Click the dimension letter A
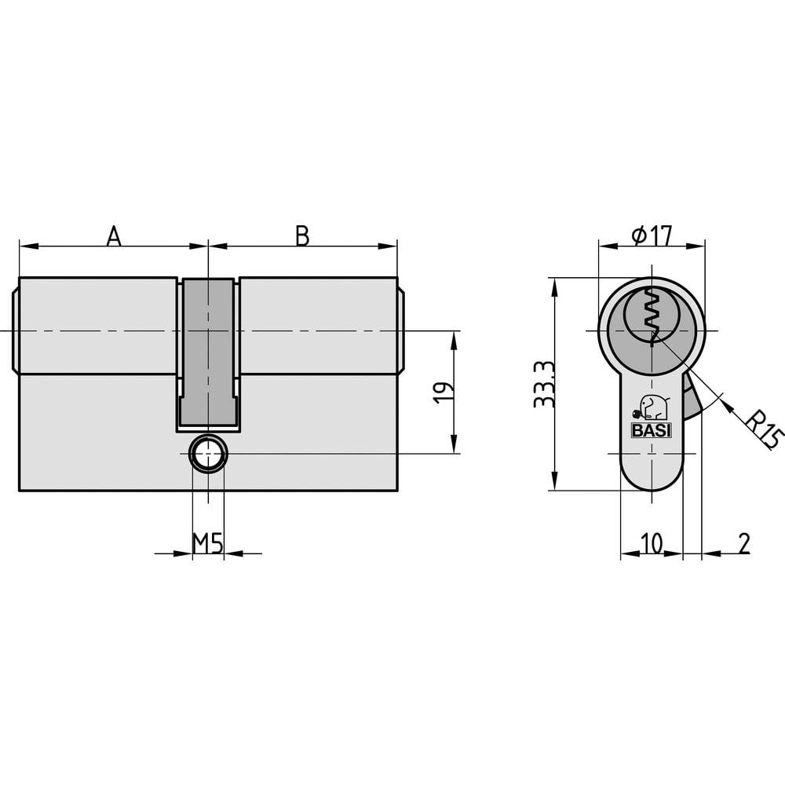114,235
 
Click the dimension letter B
302,235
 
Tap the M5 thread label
208,542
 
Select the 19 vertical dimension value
443,392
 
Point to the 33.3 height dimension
542,384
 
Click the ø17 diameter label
652,235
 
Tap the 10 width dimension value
652,542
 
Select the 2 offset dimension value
743,542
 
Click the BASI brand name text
651,429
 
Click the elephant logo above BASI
652,407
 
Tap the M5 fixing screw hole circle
208,454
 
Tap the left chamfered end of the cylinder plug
16,330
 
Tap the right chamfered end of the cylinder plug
401,330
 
